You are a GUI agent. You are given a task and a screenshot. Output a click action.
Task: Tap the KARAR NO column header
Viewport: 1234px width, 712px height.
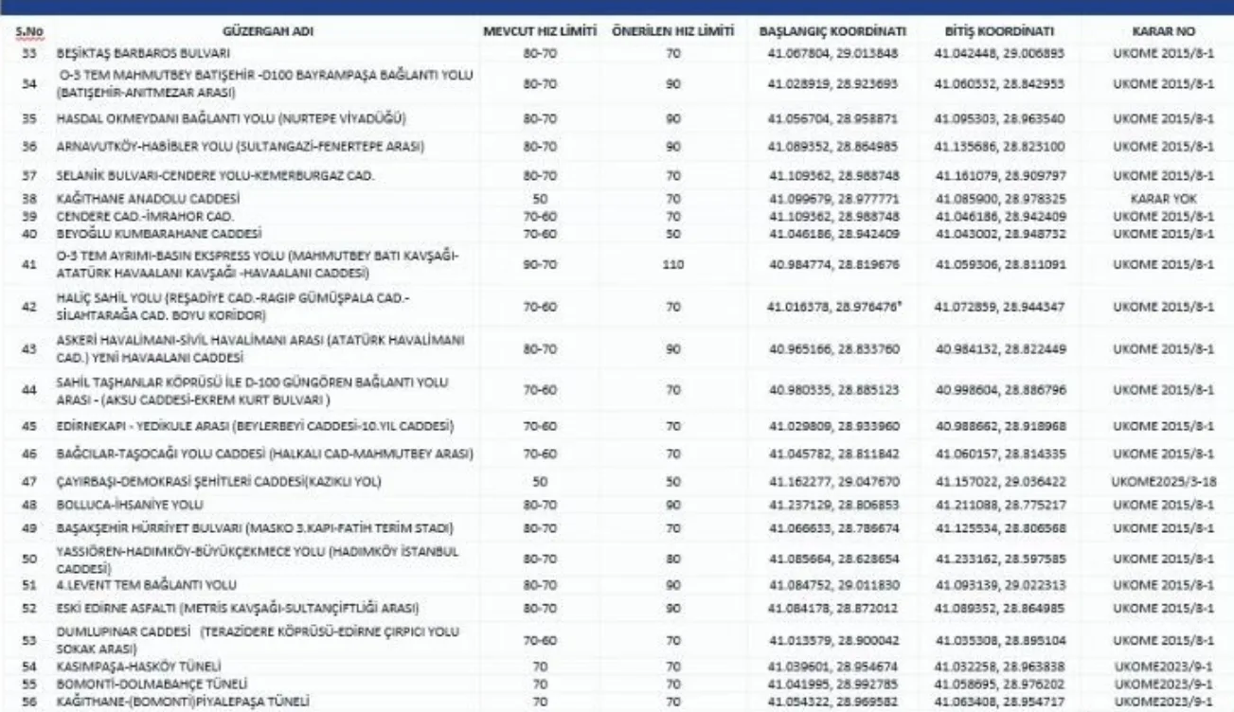1163,31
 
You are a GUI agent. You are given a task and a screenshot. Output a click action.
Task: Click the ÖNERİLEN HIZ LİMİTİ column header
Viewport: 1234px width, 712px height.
673,31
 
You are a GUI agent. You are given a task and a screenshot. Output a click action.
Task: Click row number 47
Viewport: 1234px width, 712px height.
28,482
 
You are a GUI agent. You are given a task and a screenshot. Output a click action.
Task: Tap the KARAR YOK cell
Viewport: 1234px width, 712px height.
1163,200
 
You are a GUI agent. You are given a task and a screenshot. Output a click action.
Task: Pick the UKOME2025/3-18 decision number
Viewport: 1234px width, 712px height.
1163,482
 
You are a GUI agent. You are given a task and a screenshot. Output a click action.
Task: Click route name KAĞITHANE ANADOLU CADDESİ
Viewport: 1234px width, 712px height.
149,200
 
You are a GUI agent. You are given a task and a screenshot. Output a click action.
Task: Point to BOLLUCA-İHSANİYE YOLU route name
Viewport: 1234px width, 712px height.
130,505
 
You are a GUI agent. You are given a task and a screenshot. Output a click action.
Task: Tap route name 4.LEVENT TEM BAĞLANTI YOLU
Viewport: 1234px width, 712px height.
148,585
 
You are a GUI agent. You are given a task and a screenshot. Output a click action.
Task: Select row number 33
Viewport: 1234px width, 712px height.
28,54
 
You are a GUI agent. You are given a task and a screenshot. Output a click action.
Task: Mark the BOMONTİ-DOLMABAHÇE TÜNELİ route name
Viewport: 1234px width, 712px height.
140,683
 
